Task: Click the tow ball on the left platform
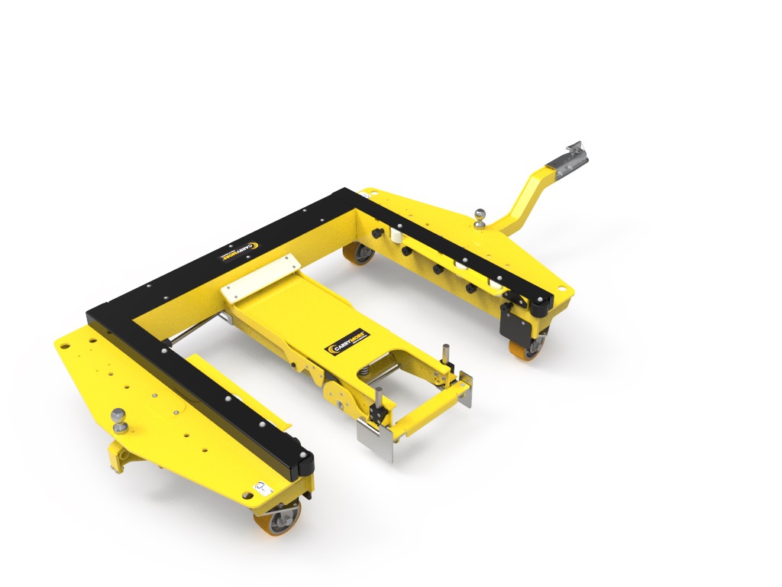point(119,416)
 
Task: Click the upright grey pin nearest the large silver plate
point(377,401)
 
